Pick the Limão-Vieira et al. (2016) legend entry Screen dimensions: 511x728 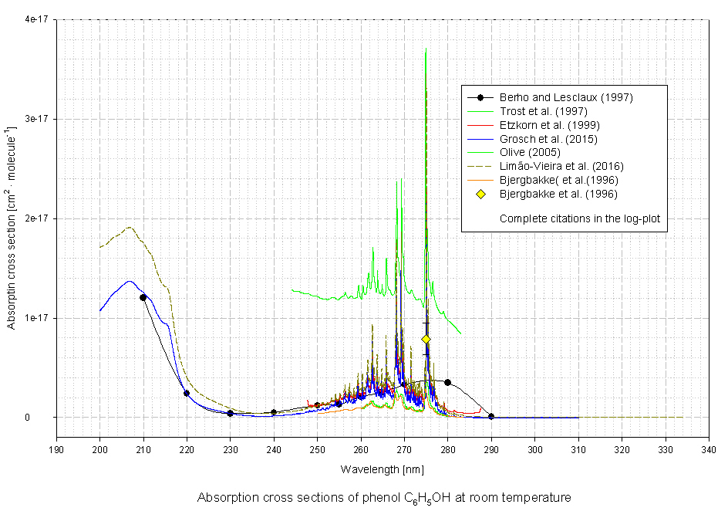[561, 166]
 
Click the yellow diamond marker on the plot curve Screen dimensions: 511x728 [426, 339]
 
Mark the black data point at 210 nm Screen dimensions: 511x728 [143, 297]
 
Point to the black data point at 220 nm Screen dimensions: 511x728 [187, 393]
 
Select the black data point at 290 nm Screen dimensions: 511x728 [491, 417]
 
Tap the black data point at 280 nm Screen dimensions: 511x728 [447, 382]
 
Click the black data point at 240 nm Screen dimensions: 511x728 [274, 412]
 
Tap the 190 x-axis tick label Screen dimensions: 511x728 [56, 448]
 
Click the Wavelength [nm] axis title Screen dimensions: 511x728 [383, 468]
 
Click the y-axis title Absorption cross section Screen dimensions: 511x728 [12, 218]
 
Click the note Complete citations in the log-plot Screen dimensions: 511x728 [579, 219]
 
